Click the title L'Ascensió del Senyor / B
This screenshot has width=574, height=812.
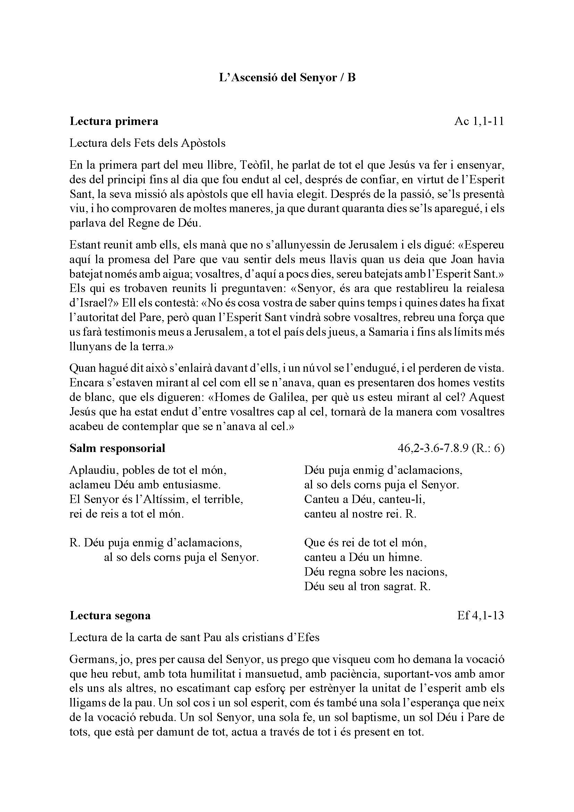tap(287, 77)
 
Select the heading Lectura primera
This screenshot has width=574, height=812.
tap(114, 121)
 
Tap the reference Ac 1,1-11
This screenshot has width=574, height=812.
tap(479, 121)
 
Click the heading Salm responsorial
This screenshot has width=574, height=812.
tap(117, 448)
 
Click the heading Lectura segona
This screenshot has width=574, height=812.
tap(110, 616)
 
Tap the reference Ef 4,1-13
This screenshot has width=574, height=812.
tap(481, 616)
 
